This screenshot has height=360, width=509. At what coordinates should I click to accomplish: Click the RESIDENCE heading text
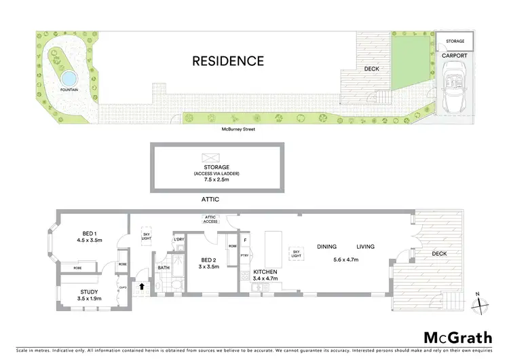[x=228, y=61]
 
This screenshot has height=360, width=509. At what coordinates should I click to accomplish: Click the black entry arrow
[x=142, y=286]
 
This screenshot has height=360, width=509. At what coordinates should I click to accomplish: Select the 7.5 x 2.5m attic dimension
[x=218, y=180]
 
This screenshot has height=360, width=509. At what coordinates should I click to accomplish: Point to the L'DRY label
[x=179, y=240]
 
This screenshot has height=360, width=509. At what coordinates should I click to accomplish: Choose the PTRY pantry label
[x=244, y=257]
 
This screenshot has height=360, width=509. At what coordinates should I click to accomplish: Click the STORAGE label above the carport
[x=455, y=42]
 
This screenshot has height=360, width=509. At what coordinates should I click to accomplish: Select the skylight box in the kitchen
[x=296, y=253]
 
